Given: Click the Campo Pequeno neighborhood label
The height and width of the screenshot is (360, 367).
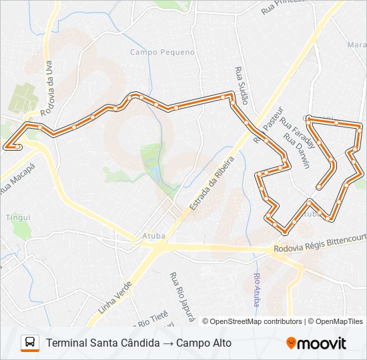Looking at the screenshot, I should pos(162,52).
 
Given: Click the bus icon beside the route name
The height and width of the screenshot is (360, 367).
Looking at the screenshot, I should pos(30,343).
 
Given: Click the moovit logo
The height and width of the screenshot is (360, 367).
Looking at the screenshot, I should pos(316,343).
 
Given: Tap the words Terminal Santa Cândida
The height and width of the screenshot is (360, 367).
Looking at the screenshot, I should pos(103,343).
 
